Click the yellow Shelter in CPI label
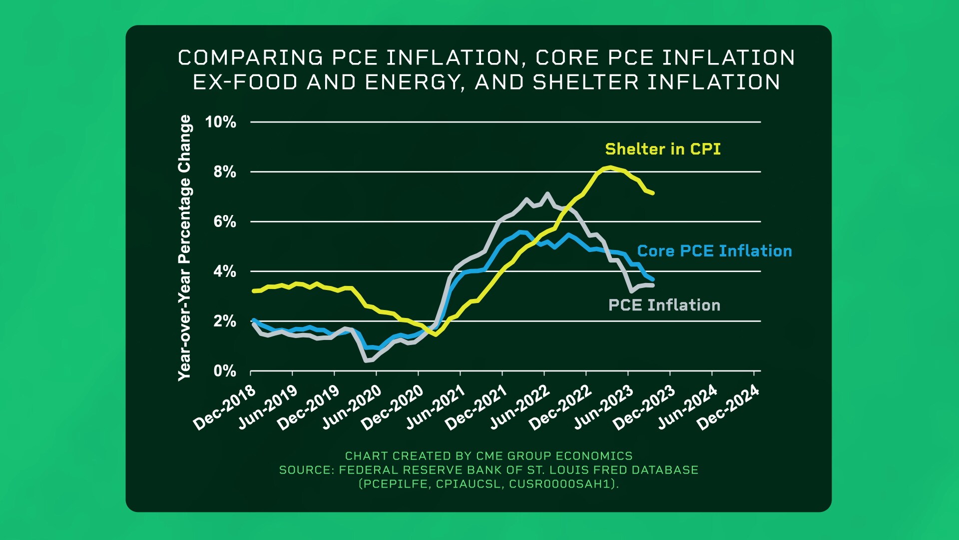pos(663,149)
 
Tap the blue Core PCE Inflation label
pos(714,251)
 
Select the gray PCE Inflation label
pos(664,305)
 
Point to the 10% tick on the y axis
pos(220,122)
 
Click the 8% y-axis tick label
pos(225,172)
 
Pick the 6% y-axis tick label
pos(225,221)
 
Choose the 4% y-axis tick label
pos(225,271)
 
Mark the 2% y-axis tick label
pos(225,321)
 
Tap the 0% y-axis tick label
pos(225,371)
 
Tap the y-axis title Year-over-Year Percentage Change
pos(185,247)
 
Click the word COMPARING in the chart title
pos(251,58)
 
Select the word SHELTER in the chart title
pos(585,82)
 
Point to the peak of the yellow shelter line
pos(610,167)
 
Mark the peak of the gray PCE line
pos(547,193)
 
